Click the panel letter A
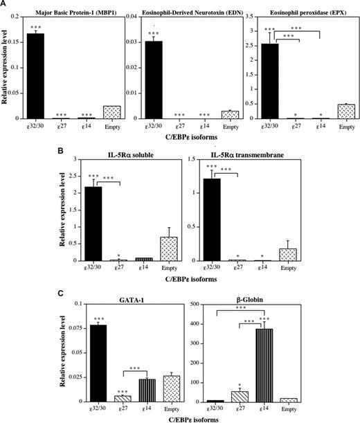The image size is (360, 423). pyautogui.click(x=5, y=4)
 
